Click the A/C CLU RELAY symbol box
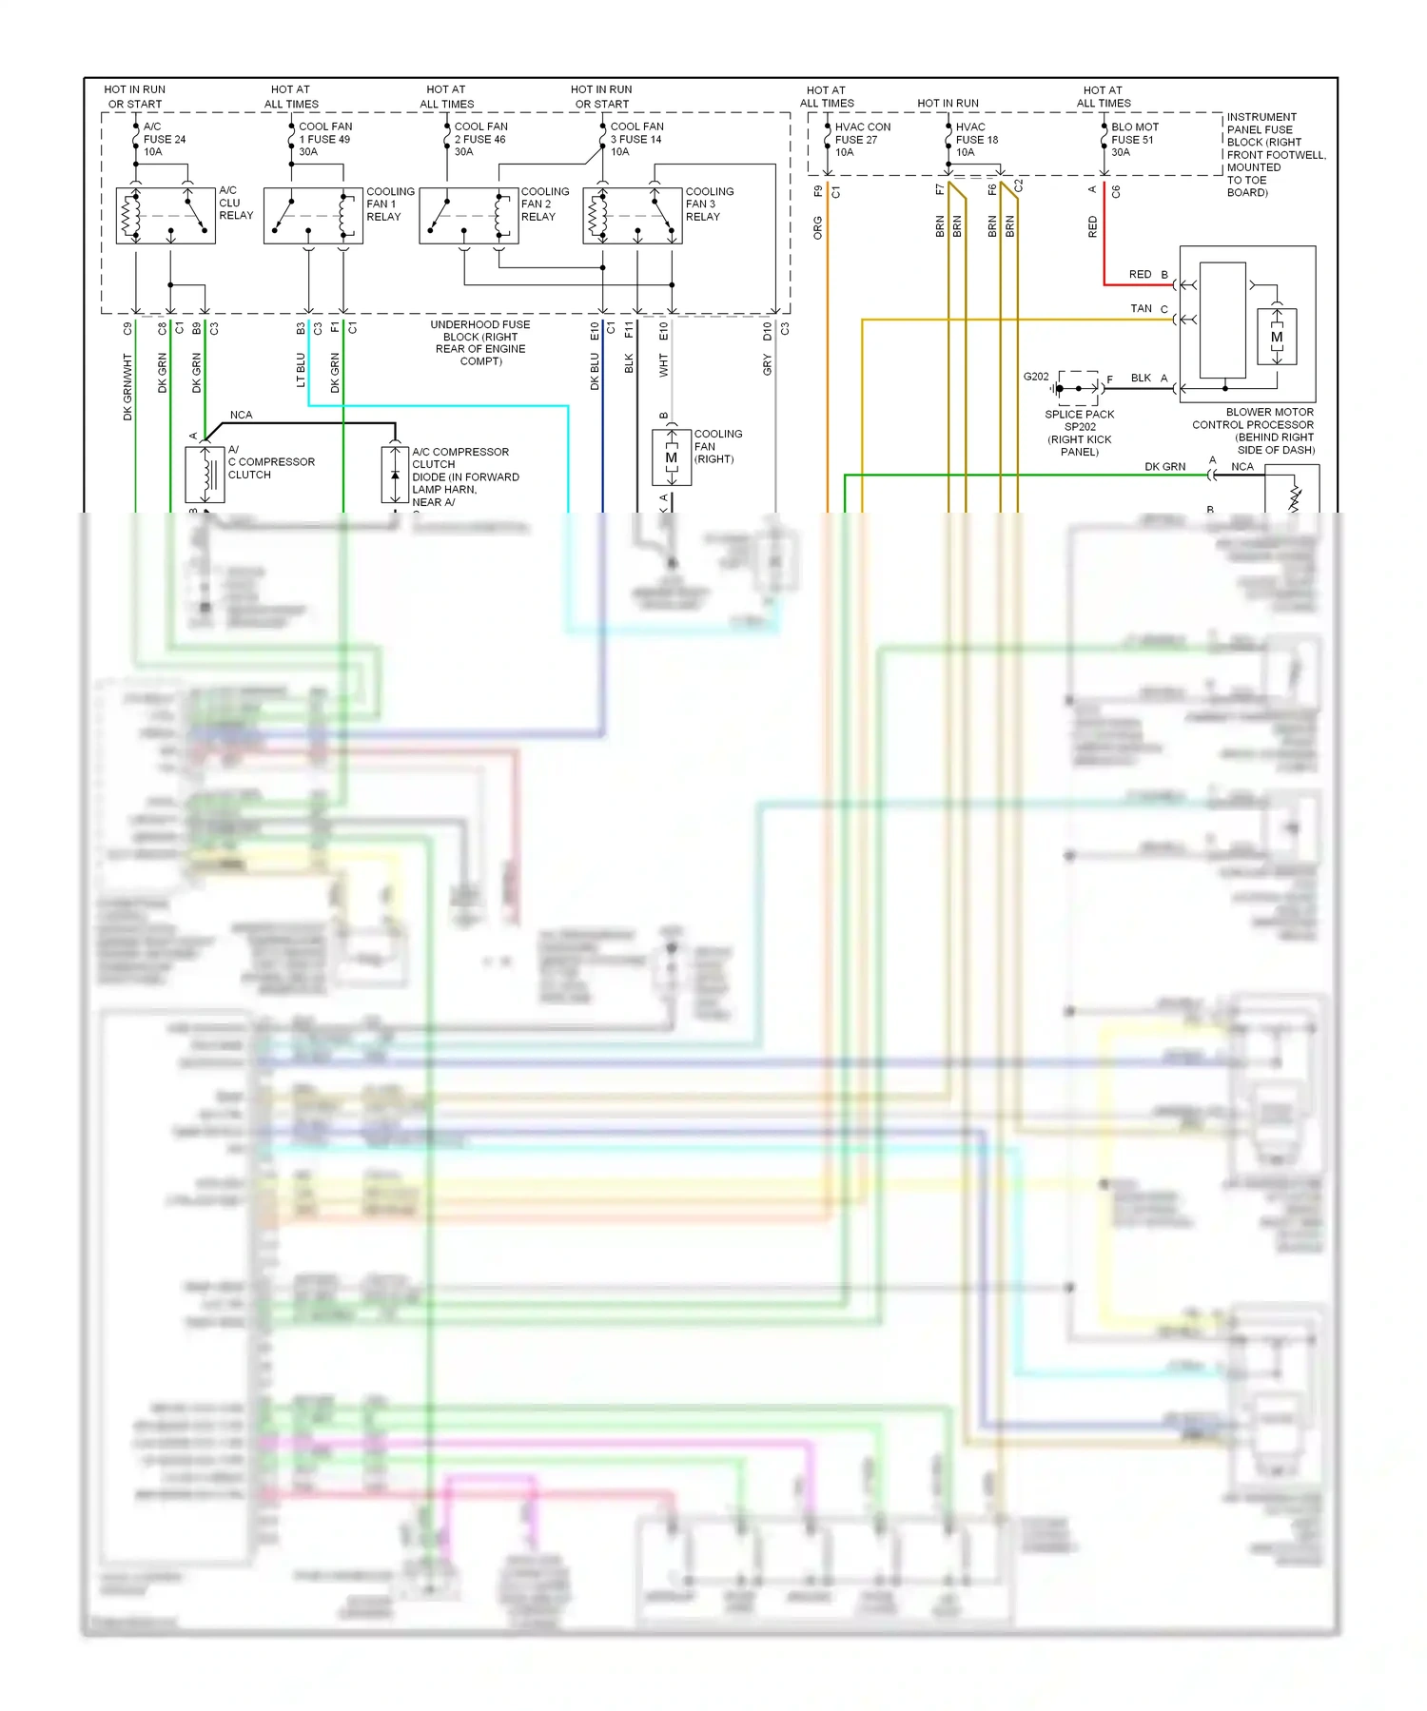(x=166, y=216)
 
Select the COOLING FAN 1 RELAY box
(x=313, y=216)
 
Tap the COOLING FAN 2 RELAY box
(x=469, y=216)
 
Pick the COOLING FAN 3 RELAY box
(x=633, y=216)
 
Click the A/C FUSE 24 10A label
(x=164, y=139)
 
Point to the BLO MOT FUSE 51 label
(x=1134, y=139)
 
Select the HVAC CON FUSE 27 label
(x=862, y=139)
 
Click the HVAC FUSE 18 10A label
(x=976, y=139)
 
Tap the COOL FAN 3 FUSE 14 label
(x=636, y=139)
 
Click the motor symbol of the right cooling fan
(x=672, y=457)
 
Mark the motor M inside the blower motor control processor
(x=1277, y=337)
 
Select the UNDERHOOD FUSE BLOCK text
(x=480, y=342)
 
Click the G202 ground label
(x=1035, y=377)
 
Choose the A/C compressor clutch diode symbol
(x=395, y=473)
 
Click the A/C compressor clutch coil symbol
(x=205, y=473)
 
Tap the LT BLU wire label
(x=301, y=370)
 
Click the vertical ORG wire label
(x=817, y=228)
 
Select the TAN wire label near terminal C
(x=1141, y=308)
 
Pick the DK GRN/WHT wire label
(x=127, y=387)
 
